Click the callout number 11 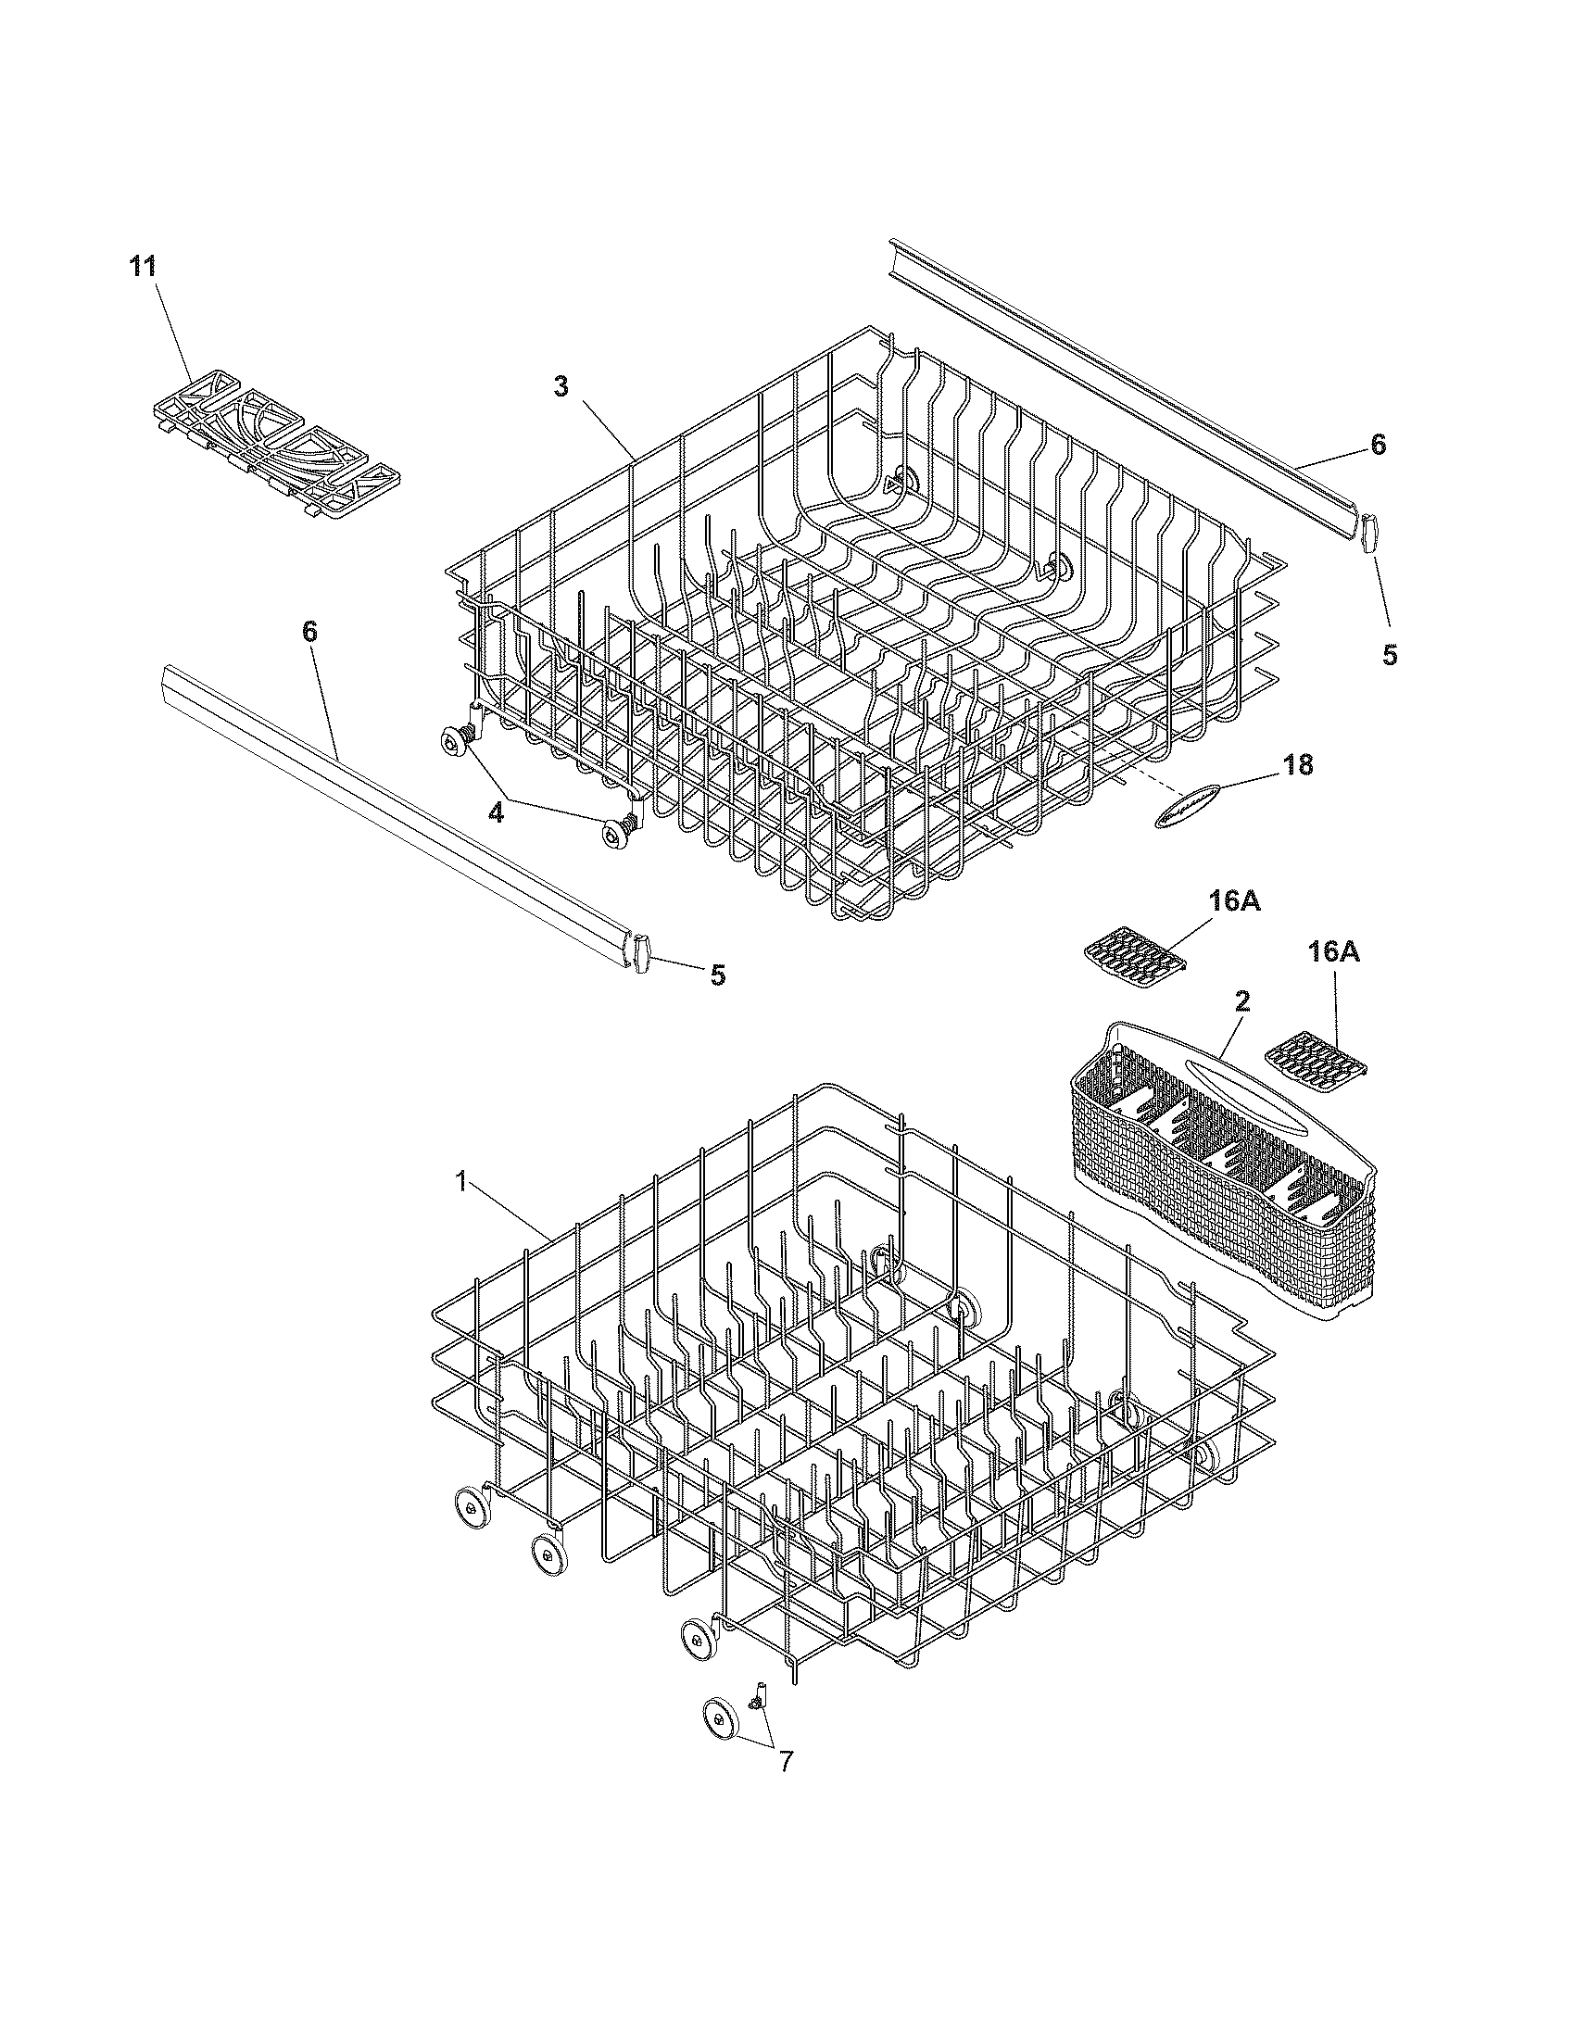(x=142, y=266)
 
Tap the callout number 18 (x=1297, y=764)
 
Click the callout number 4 (x=496, y=812)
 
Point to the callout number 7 (x=786, y=1761)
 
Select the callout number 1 (x=460, y=1181)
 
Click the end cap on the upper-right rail (x=1367, y=534)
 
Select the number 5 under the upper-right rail (x=1390, y=655)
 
